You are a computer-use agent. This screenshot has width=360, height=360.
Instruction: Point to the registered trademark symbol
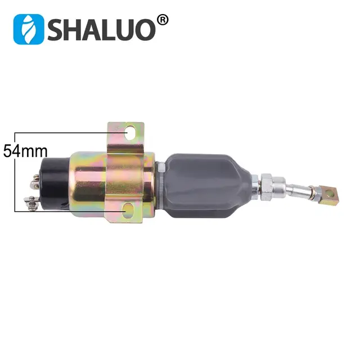pyautogui.click(x=162, y=20)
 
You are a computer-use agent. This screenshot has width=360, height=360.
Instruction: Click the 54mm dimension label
pyautogui.click(x=25, y=151)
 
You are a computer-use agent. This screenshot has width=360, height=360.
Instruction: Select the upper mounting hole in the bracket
pyautogui.click(x=132, y=133)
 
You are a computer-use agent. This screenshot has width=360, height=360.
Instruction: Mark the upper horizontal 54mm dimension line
pyautogui.click(x=62, y=133)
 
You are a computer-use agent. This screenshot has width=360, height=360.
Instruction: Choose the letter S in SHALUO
pyautogui.click(x=58, y=28)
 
